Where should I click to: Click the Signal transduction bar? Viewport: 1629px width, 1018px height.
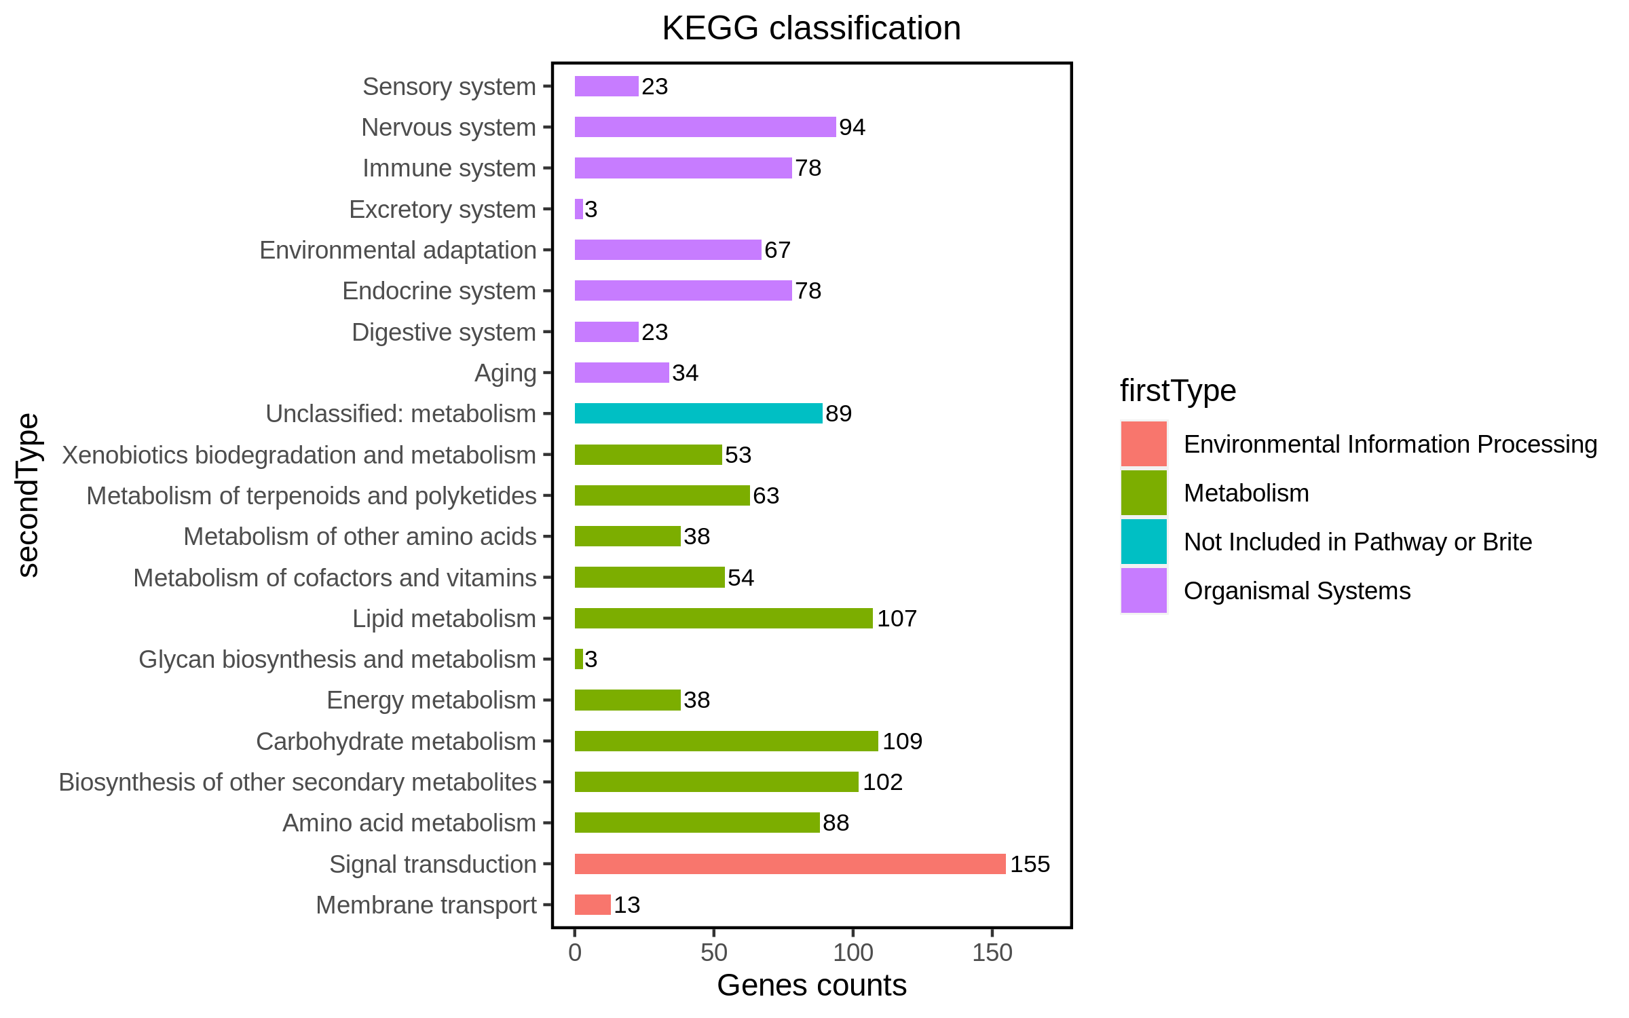click(789, 864)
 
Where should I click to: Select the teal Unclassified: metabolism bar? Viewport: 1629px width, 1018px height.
click(698, 413)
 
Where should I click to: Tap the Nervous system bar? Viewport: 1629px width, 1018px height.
click(705, 127)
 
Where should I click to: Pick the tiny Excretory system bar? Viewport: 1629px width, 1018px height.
click(579, 209)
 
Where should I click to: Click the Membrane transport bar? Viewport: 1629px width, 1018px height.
click(593, 905)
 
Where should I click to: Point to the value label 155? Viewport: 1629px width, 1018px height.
click(1030, 864)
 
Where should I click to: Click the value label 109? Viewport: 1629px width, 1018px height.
click(902, 741)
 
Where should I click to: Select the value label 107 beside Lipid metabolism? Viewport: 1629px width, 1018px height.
click(897, 618)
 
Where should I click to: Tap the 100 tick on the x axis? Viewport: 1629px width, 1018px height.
click(853, 953)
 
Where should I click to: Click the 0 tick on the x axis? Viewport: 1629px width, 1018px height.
click(575, 953)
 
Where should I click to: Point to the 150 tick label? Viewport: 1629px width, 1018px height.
click(992, 953)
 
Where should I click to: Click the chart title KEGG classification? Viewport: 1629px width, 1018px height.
click(811, 29)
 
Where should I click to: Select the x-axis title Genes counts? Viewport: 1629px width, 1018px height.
click(811, 985)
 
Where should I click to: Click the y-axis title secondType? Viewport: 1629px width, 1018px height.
click(29, 495)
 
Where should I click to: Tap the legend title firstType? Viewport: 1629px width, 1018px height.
click(1178, 391)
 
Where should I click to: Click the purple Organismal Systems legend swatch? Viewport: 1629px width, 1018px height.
click(1144, 590)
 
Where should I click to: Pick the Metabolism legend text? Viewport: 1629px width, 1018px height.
click(1246, 493)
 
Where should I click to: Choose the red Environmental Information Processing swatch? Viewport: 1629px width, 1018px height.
click(1144, 444)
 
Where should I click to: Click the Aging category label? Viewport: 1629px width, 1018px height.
click(505, 373)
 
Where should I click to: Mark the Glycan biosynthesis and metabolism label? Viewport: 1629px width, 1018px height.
click(337, 660)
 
